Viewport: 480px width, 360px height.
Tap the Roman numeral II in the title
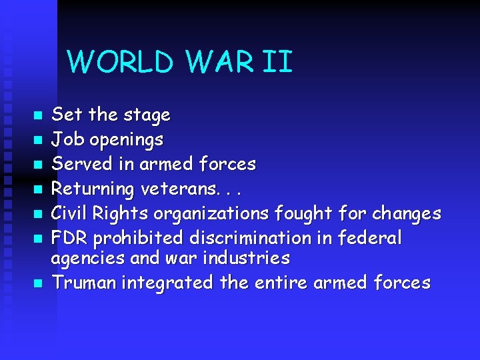(278, 62)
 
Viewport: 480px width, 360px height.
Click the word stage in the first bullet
(147, 116)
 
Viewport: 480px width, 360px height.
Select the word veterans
(181, 189)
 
